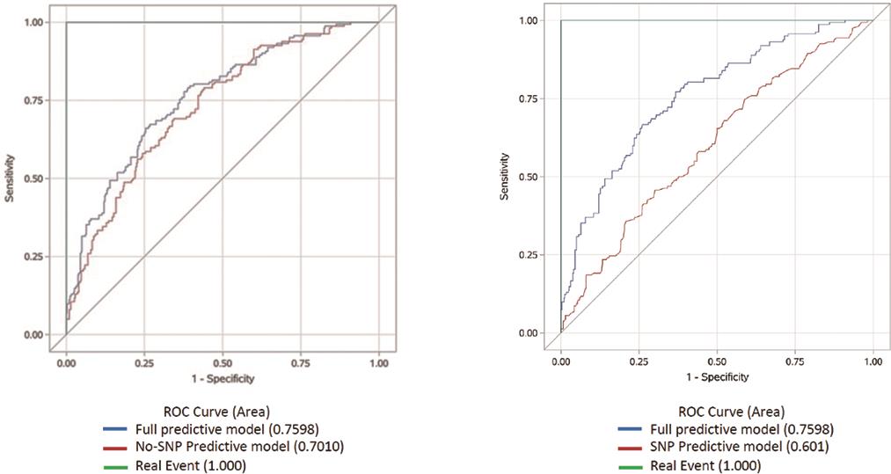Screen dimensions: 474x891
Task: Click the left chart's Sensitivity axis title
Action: (11, 179)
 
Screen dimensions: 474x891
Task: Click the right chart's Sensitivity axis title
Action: (506, 177)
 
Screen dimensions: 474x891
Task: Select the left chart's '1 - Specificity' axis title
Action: (223, 380)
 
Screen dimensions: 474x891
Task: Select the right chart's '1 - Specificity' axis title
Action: (717, 377)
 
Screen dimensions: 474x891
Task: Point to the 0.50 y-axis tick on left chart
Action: (33, 179)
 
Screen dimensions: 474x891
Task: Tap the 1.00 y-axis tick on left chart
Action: (33, 22)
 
